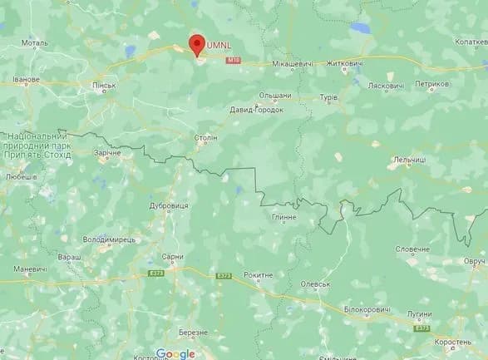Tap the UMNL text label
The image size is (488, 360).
pyautogui.click(x=222, y=43)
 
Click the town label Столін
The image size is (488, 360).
pyautogui.click(x=205, y=137)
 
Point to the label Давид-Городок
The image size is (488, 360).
pyautogui.click(x=257, y=109)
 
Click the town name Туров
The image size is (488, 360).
pyautogui.click(x=329, y=97)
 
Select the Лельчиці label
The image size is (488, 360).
pyautogui.click(x=409, y=159)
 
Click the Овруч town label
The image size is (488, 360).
pyautogui.click(x=475, y=261)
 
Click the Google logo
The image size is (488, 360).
pyautogui.click(x=175, y=353)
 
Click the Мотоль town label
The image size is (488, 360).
pyautogui.click(x=35, y=42)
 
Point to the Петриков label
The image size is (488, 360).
pyautogui.click(x=432, y=84)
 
